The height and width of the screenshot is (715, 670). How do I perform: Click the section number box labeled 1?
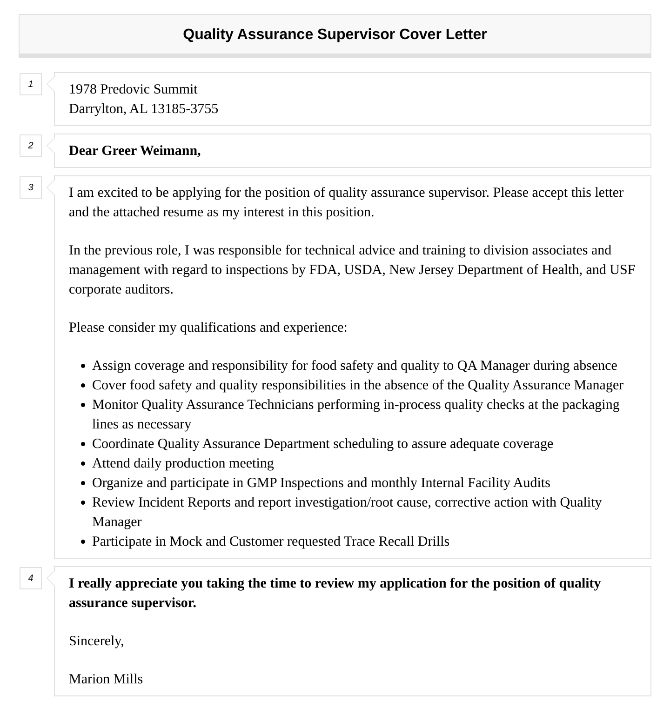[x=31, y=84]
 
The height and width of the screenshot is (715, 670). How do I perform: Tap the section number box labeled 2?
[x=31, y=146]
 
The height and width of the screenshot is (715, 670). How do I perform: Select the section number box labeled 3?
[x=31, y=187]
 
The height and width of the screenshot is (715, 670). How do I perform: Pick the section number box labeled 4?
[x=31, y=578]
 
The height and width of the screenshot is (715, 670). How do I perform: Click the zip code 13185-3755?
[x=184, y=109]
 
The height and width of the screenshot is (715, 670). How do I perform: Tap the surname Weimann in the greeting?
[x=170, y=151]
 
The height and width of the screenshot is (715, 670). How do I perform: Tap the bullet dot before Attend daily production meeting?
[x=83, y=464]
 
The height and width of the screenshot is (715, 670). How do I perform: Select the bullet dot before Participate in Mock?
[x=83, y=542]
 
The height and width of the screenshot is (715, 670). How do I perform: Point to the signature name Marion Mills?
[x=106, y=679]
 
